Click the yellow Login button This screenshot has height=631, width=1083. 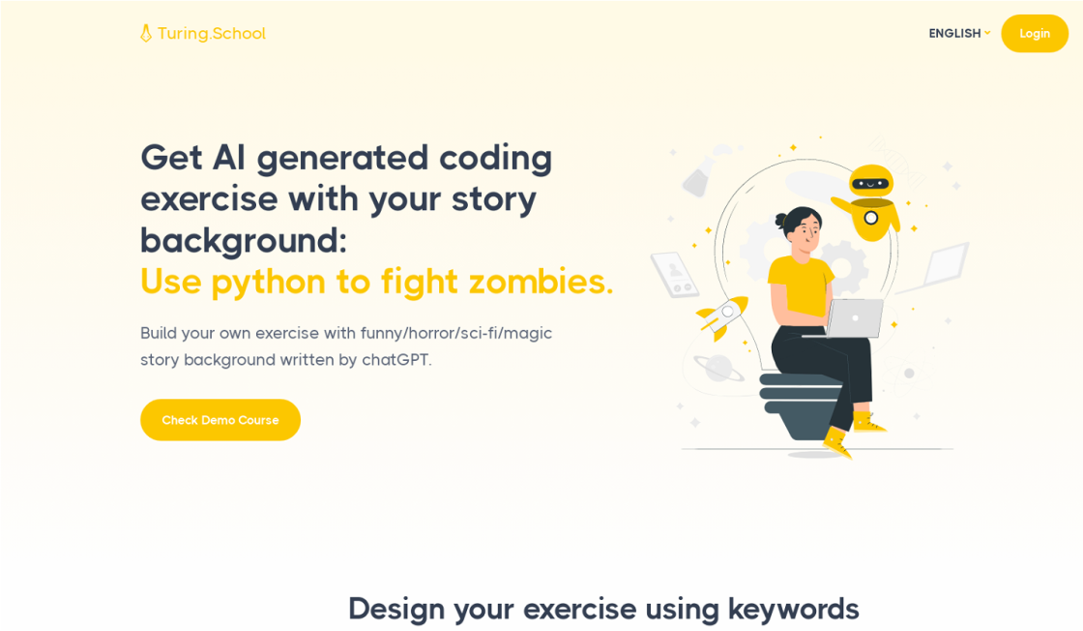(x=1034, y=33)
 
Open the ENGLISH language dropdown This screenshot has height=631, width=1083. (x=959, y=33)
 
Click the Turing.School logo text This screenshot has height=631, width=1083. (x=212, y=33)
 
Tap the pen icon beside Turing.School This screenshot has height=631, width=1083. (x=146, y=33)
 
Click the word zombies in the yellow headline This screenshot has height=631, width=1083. (x=541, y=282)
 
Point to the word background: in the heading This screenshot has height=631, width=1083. (x=244, y=241)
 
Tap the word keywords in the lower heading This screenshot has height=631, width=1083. (x=794, y=609)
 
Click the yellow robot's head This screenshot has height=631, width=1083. (x=871, y=182)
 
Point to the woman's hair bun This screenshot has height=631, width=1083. (x=780, y=221)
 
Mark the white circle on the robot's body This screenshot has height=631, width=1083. (x=871, y=219)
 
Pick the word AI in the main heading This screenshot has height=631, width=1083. (x=228, y=158)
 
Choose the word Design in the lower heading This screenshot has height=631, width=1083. (x=396, y=610)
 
